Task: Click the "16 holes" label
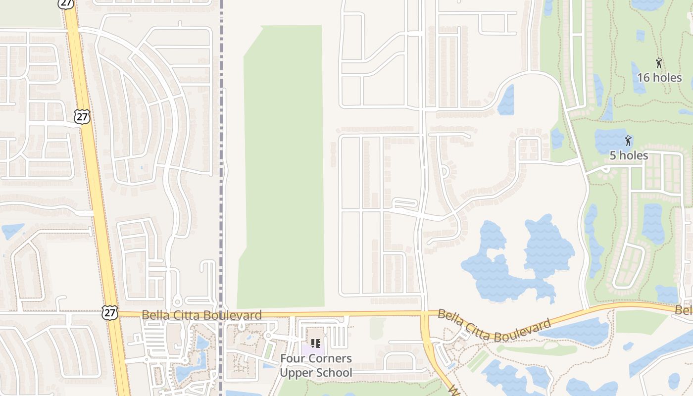click(659, 78)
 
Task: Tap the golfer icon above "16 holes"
click(659, 63)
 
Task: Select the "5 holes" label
click(628, 155)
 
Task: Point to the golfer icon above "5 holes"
click(628, 141)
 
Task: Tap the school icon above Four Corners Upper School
click(316, 343)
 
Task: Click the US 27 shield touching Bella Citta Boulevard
click(110, 312)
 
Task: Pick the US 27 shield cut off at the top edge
click(66, 3)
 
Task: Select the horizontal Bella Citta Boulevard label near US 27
click(201, 315)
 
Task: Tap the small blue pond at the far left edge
click(12, 231)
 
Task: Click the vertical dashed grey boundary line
click(221, 148)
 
